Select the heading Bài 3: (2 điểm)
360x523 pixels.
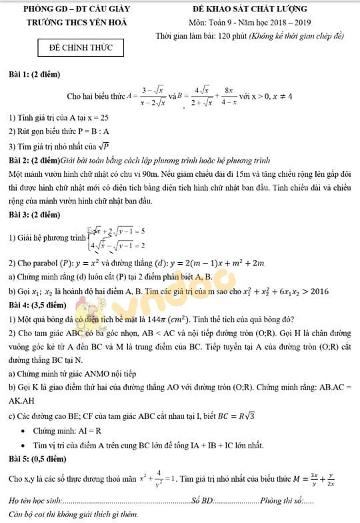tap(34, 215)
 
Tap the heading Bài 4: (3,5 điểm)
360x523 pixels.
tap(37, 305)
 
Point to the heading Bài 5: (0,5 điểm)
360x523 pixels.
tap(37, 459)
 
